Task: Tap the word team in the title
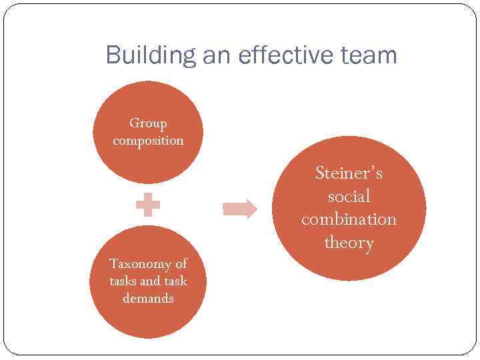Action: (366, 55)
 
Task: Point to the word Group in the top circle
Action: (148, 123)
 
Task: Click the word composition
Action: (148, 141)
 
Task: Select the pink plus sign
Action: (148, 205)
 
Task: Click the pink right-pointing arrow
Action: (240, 209)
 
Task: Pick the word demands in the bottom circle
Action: (148, 298)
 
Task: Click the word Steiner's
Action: (349, 173)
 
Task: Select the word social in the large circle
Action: (349, 197)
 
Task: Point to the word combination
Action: (349, 219)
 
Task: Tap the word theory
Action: (349, 243)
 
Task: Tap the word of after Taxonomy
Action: (181, 263)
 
